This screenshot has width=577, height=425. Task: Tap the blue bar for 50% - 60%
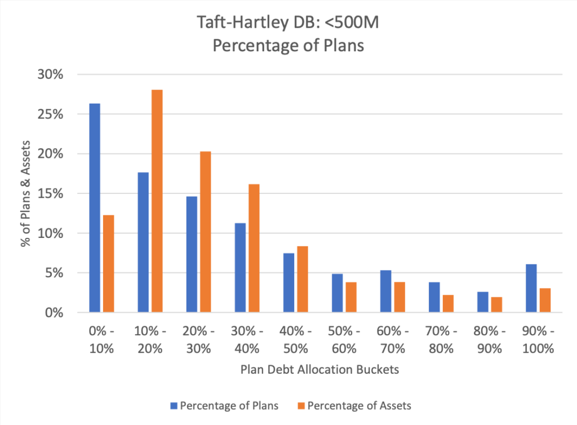(338, 293)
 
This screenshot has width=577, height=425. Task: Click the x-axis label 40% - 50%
(295, 340)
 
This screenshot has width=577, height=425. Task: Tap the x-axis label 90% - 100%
(538, 340)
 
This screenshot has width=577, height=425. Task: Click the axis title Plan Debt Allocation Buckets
(319, 370)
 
